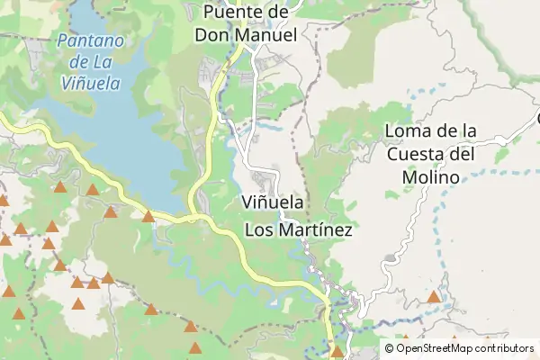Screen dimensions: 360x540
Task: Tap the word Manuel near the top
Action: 265,35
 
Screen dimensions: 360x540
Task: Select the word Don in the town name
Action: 215,35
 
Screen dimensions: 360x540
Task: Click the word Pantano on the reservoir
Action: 86,40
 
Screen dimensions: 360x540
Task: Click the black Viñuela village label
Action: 273,202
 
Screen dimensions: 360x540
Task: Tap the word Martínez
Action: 314,230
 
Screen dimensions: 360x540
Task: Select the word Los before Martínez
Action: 258,230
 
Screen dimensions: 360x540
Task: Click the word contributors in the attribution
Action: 505,348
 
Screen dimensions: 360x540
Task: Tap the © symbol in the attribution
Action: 390,348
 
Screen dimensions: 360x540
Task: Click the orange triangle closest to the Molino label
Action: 434,296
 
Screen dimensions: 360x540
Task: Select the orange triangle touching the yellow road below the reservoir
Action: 148,216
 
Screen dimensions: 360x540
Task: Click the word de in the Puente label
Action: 276,13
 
